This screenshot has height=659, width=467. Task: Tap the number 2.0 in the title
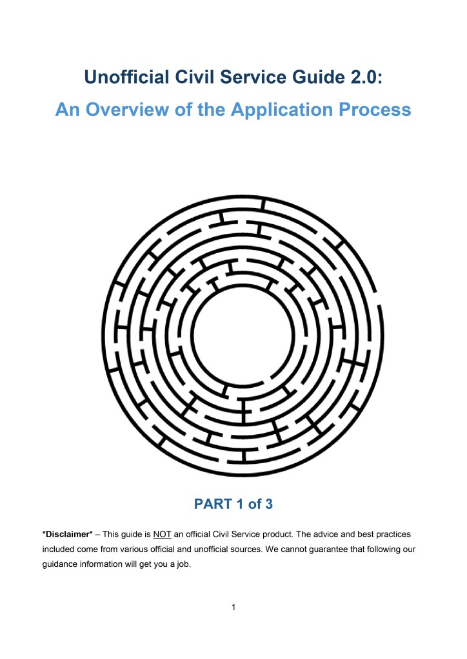(367, 79)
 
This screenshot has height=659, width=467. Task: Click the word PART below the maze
(213, 504)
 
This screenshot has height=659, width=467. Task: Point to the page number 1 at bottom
(234, 607)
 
